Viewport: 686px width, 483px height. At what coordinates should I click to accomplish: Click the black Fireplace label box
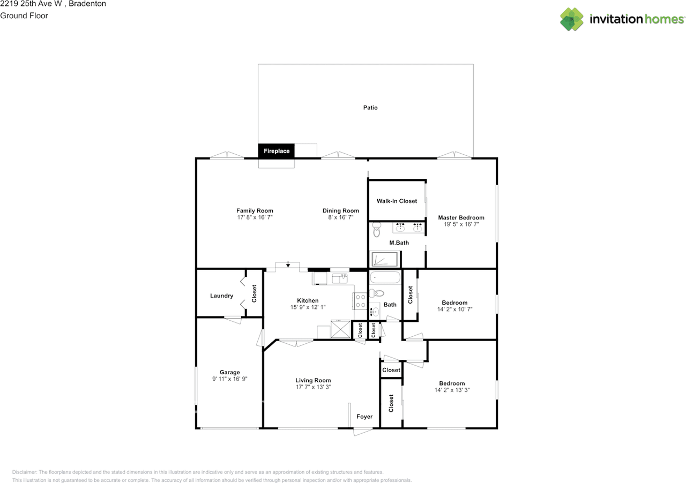(x=276, y=151)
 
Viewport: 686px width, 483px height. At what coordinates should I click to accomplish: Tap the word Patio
(x=370, y=108)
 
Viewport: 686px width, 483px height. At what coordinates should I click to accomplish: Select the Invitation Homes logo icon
(x=571, y=19)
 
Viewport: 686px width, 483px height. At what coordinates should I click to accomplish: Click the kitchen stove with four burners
(x=360, y=301)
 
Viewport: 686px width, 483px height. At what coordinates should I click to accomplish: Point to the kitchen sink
(x=340, y=278)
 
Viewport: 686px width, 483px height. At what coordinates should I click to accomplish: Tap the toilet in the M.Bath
(x=376, y=231)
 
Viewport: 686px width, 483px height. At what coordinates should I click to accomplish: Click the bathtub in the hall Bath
(x=384, y=278)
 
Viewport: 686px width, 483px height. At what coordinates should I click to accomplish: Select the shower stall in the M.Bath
(x=385, y=260)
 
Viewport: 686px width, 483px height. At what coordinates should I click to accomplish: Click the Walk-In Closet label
(x=397, y=201)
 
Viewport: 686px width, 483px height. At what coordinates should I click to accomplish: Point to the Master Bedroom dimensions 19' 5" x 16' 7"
(x=461, y=224)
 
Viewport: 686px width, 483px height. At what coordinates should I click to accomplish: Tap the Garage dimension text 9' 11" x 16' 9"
(x=230, y=379)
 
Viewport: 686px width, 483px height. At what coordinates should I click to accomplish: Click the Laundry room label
(x=221, y=296)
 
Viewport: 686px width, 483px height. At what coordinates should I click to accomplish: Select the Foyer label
(x=364, y=417)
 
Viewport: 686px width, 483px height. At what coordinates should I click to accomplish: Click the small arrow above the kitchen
(x=288, y=264)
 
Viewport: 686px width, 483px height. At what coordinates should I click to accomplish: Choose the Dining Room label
(x=340, y=211)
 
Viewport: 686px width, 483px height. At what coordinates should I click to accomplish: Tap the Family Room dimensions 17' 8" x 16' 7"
(x=255, y=217)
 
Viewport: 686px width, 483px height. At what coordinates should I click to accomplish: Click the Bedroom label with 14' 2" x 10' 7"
(x=454, y=303)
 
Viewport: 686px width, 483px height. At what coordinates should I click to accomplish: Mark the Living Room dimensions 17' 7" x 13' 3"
(x=313, y=387)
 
